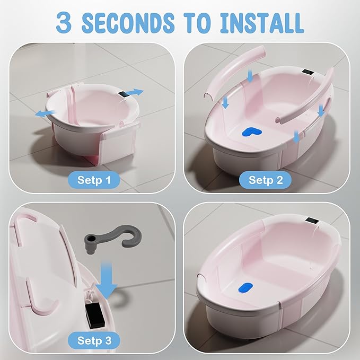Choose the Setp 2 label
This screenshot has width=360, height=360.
tap(266, 180)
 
